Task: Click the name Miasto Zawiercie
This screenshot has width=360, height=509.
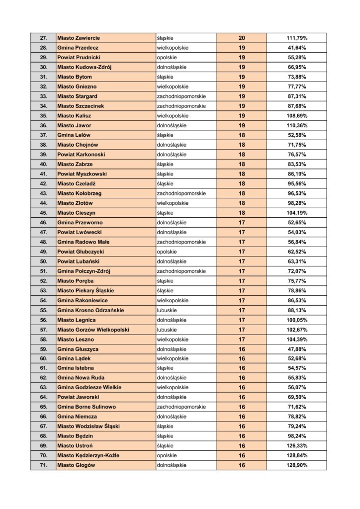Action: coord(79,38)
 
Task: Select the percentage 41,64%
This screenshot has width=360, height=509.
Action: coord(296,48)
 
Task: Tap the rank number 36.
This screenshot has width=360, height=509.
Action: coord(43,125)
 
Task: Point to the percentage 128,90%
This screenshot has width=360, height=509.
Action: coord(296,465)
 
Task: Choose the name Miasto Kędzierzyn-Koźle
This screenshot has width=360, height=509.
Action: coord(89,455)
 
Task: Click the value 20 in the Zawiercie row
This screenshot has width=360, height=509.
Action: coord(242,38)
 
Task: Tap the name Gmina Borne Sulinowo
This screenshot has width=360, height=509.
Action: coord(87,407)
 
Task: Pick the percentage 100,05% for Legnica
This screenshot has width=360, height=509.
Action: coord(296,320)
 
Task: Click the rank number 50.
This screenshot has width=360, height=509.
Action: coord(43,261)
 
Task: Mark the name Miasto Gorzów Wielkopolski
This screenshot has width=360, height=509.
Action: coord(93,330)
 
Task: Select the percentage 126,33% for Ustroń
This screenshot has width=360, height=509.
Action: coord(296,446)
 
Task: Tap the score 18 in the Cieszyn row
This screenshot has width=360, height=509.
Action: coord(242,213)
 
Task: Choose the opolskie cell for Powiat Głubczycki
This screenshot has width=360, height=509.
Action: coord(167,252)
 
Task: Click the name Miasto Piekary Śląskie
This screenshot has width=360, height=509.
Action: coord(86,290)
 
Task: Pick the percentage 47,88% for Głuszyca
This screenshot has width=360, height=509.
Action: coord(296,349)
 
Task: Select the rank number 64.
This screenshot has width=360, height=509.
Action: coord(43,397)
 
